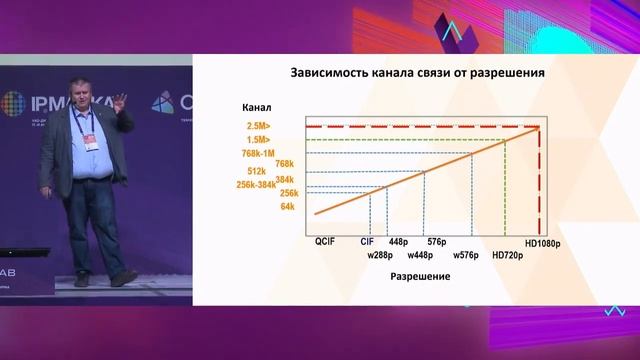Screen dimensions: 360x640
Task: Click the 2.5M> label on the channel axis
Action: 257,127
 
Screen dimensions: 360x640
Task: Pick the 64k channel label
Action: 288,206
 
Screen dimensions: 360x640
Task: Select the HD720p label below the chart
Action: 509,255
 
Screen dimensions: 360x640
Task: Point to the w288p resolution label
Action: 381,255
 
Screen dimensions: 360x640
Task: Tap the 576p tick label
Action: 436,241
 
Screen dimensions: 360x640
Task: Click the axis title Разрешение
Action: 419,276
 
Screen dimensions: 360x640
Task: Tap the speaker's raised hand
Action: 120,100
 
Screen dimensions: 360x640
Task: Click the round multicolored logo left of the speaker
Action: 19,105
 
